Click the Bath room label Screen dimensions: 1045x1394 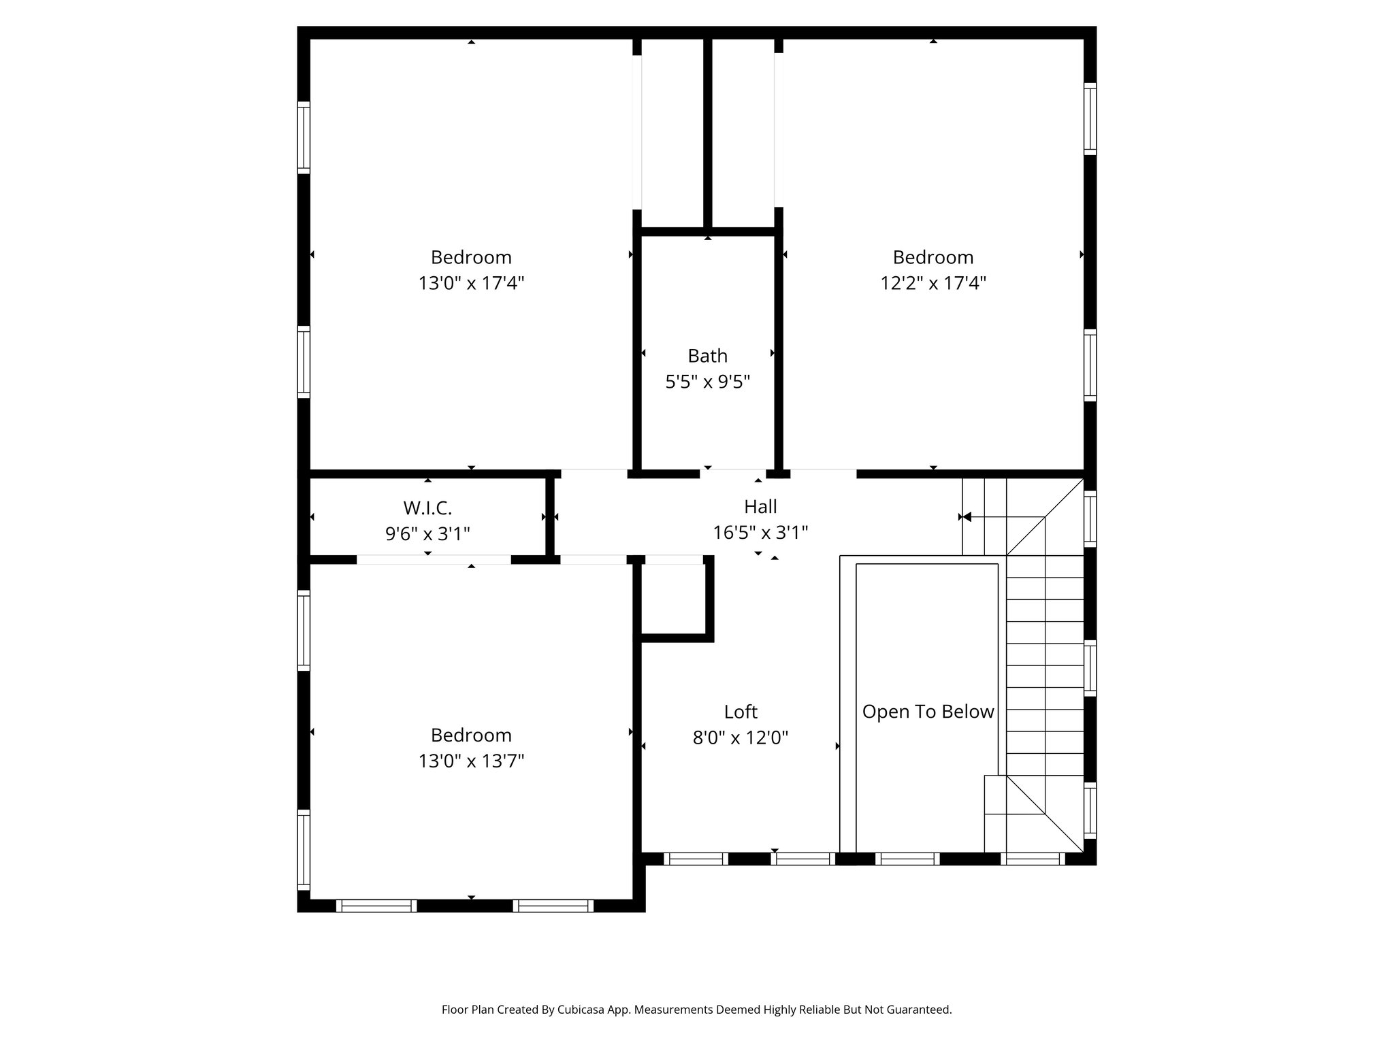707,356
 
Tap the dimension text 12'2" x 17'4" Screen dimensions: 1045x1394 933,283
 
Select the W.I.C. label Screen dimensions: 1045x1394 427,508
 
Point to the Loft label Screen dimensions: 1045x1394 741,712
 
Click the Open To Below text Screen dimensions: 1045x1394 928,712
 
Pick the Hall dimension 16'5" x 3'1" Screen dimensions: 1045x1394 760,533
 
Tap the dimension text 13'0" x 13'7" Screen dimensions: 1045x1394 471,761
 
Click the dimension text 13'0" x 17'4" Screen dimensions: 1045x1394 471,283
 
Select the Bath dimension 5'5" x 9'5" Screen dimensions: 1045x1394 707,382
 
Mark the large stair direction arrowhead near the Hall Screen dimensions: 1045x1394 967,517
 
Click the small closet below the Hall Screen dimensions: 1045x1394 673,599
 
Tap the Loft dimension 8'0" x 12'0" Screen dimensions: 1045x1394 741,737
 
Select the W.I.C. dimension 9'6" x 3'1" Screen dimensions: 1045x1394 427,533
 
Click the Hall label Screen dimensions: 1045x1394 760,507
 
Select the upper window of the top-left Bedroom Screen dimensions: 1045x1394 304,137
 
